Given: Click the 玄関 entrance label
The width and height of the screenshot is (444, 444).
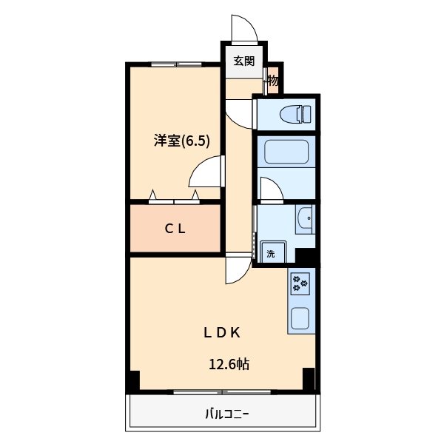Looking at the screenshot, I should click(244, 61).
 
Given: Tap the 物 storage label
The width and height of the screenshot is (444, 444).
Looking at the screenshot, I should click(272, 81).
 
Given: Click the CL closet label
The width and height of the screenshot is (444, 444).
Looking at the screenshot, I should click(175, 229).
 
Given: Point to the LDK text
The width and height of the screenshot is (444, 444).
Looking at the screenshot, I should click(222, 332).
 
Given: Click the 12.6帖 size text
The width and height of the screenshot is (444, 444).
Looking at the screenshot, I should click(228, 364).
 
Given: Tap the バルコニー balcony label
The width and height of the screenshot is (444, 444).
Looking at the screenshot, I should click(227, 414).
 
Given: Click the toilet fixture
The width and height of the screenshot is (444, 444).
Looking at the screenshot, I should click(297, 114).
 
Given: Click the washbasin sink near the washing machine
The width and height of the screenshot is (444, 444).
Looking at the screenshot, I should click(304, 221).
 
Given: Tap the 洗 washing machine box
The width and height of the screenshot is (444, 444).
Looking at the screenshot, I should click(270, 253).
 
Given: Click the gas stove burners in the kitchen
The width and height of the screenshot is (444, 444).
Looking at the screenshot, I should click(300, 282).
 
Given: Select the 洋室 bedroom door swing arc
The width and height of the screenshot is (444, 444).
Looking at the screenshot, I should click(206, 175).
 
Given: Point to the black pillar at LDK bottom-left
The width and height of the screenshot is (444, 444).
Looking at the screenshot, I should click(133, 381).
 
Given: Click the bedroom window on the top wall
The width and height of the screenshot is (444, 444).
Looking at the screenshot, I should click(176, 64).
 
